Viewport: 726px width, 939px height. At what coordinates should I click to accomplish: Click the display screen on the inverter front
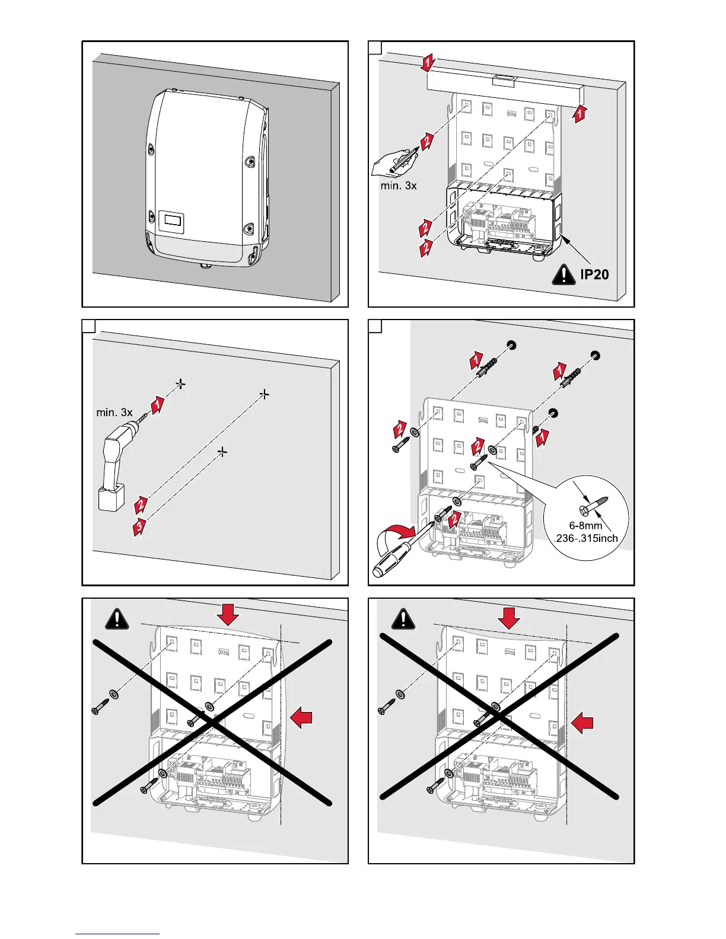pyautogui.click(x=172, y=222)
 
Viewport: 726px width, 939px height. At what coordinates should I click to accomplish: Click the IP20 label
pyautogui.click(x=594, y=274)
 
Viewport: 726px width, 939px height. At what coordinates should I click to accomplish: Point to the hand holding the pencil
pyautogui.click(x=391, y=162)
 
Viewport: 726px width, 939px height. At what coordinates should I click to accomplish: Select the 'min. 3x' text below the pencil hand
pyautogui.click(x=398, y=186)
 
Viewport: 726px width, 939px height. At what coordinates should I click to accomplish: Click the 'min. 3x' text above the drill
pyautogui.click(x=114, y=412)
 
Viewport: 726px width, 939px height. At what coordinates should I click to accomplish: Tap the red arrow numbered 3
pyautogui.click(x=139, y=526)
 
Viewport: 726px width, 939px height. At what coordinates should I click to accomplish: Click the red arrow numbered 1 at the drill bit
pyautogui.click(x=157, y=406)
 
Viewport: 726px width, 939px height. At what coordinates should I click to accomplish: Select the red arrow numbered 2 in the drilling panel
pyautogui.click(x=141, y=505)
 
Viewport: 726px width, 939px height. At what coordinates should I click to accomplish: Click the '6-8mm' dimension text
pyautogui.click(x=585, y=525)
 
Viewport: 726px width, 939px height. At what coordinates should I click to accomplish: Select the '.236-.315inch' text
pyautogui.click(x=585, y=538)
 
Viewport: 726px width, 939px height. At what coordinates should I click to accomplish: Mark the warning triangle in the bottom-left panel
pyautogui.click(x=117, y=618)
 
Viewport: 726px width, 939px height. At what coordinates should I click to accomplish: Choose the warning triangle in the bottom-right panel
pyautogui.click(x=404, y=618)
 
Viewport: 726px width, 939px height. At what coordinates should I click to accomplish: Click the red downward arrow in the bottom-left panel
pyautogui.click(x=228, y=615)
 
